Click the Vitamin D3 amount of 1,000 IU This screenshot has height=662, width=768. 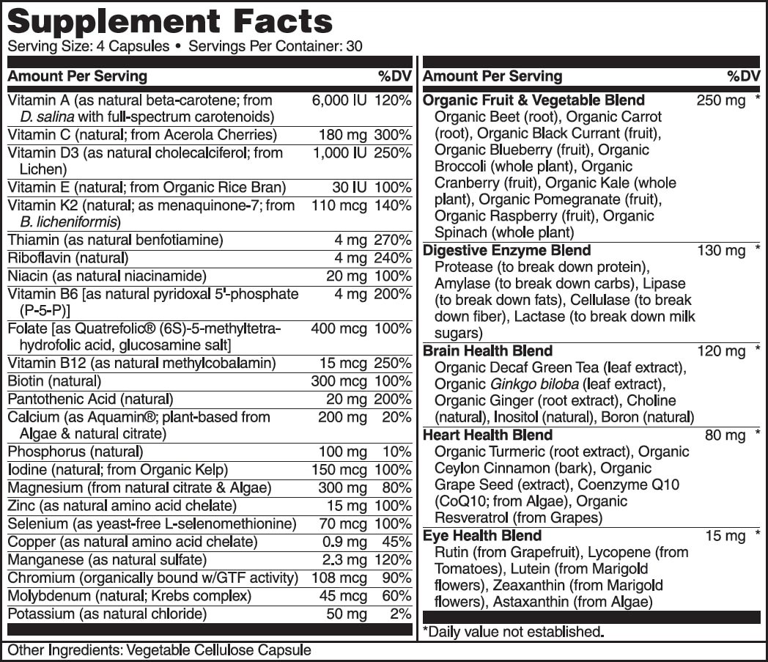[339, 153]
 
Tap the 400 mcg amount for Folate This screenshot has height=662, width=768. [339, 329]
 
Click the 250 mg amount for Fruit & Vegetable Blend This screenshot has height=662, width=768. [720, 100]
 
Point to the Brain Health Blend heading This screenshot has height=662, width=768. [487, 351]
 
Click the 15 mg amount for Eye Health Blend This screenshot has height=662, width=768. [725, 537]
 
